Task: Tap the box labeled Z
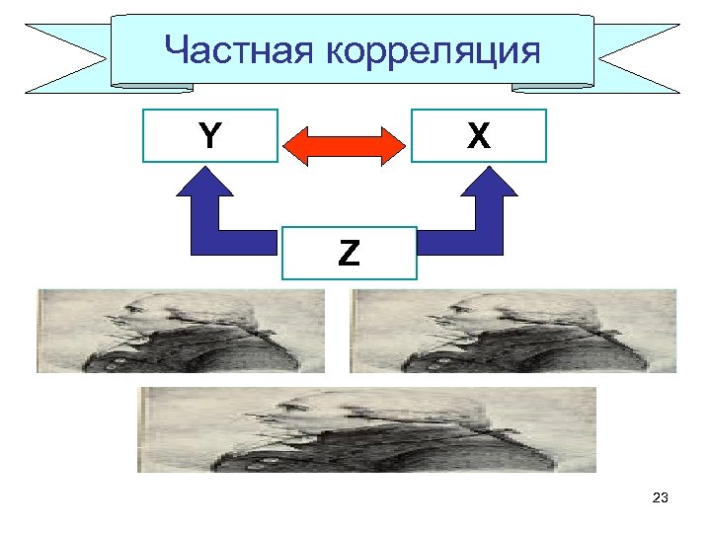point(349,254)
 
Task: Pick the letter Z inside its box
point(349,254)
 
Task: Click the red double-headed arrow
point(345,146)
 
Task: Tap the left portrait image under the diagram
point(181,331)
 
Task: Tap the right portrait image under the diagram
point(513,331)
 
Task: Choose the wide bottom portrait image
point(367,429)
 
